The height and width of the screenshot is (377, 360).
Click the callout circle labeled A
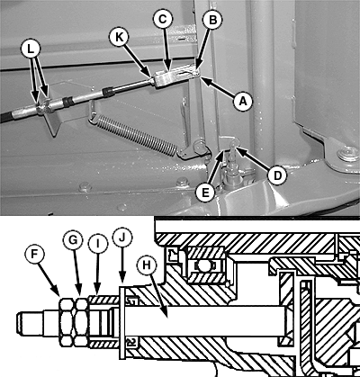(243, 101)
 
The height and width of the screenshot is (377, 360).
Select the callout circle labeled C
(162, 20)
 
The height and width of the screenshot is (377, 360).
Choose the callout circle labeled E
(205, 193)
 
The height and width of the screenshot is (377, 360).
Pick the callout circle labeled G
(73, 239)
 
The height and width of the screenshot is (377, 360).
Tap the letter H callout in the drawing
(146, 265)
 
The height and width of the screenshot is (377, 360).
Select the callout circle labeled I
(98, 244)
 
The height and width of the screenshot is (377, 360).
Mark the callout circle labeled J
(122, 238)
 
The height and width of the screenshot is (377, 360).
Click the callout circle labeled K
(119, 37)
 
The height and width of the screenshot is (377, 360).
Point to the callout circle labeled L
(31, 49)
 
